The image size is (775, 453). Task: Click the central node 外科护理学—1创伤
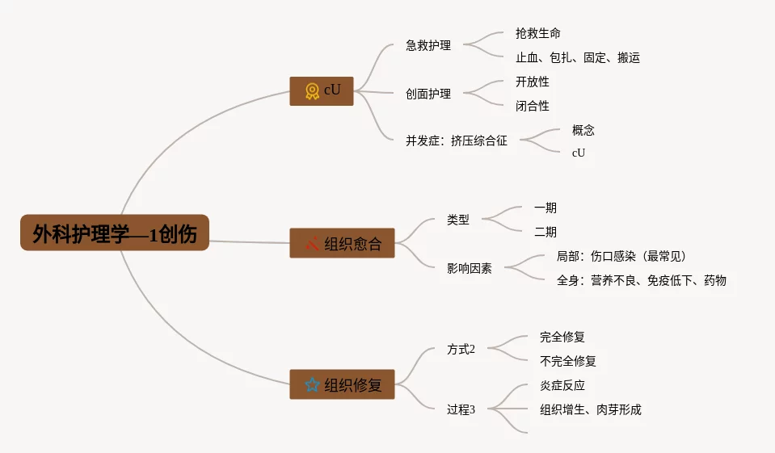(x=115, y=233)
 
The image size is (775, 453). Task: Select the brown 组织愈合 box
(x=342, y=243)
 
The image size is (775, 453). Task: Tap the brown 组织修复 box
(x=342, y=384)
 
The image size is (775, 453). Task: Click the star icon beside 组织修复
(x=312, y=384)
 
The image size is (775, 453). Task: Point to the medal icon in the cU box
(x=312, y=90)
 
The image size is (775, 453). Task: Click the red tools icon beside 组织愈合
(x=312, y=243)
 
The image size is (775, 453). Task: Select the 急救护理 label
(x=428, y=45)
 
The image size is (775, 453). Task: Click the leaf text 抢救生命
(x=537, y=33)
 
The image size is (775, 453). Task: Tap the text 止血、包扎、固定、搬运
(x=578, y=57)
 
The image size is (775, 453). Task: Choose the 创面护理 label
(x=428, y=94)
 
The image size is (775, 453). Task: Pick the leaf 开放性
(x=532, y=82)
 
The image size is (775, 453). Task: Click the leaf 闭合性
(x=532, y=106)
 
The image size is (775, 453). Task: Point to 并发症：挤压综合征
(x=457, y=141)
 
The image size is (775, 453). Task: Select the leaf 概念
(x=583, y=130)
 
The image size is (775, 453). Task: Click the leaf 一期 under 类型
(x=545, y=208)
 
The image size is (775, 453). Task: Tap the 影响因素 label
(x=469, y=268)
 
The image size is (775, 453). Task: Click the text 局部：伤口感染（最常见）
(x=621, y=256)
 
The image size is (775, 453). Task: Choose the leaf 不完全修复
(x=568, y=361)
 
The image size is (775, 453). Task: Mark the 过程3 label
(x=461, y=409)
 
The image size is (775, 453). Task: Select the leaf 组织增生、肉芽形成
(x=591, y=409)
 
